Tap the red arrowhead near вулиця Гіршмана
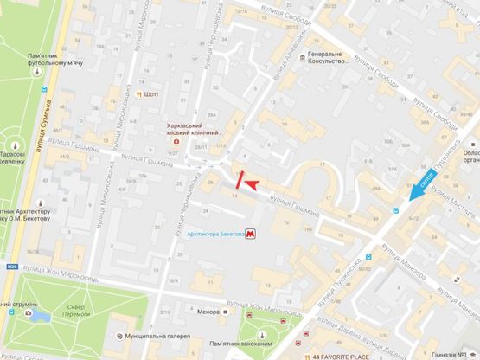coord(254,183)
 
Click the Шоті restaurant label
coord(152,94)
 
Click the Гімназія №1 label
coord(455,356)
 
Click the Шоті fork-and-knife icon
coord(138,94)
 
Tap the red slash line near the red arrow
coord(241,181)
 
